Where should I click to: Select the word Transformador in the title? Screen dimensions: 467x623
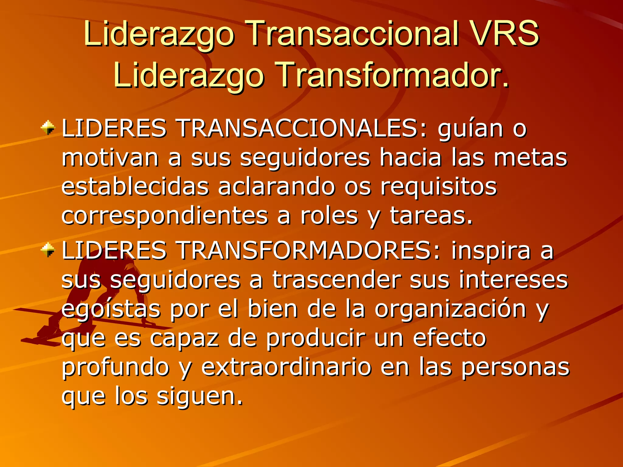coord(392,75)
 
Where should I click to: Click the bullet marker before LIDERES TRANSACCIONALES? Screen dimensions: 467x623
coord(48,128)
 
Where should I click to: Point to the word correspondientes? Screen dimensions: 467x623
coord(165,216)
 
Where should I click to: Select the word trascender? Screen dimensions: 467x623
coord(336,280)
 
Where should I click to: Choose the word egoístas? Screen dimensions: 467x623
coord(111,309)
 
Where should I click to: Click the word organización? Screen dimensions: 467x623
coord(451,309)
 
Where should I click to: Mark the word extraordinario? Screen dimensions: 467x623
coord(286,367)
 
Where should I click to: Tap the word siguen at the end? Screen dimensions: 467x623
coord(200,396)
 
